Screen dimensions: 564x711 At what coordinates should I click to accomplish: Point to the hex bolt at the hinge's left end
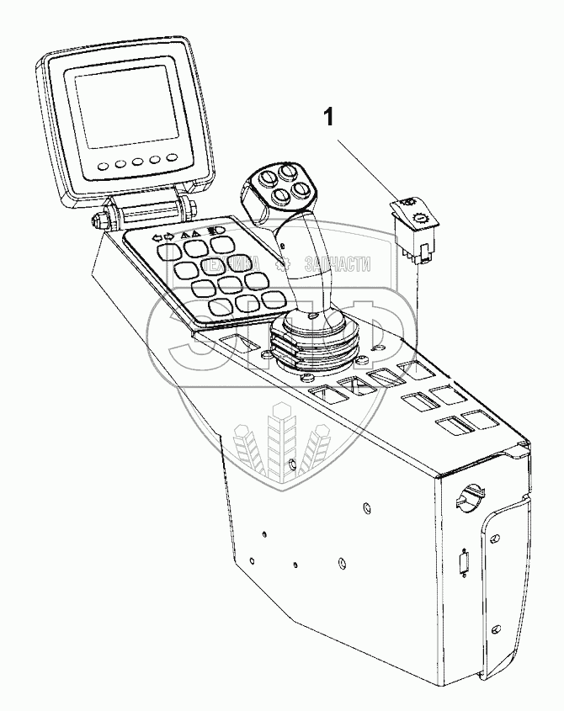tap(102, 220)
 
